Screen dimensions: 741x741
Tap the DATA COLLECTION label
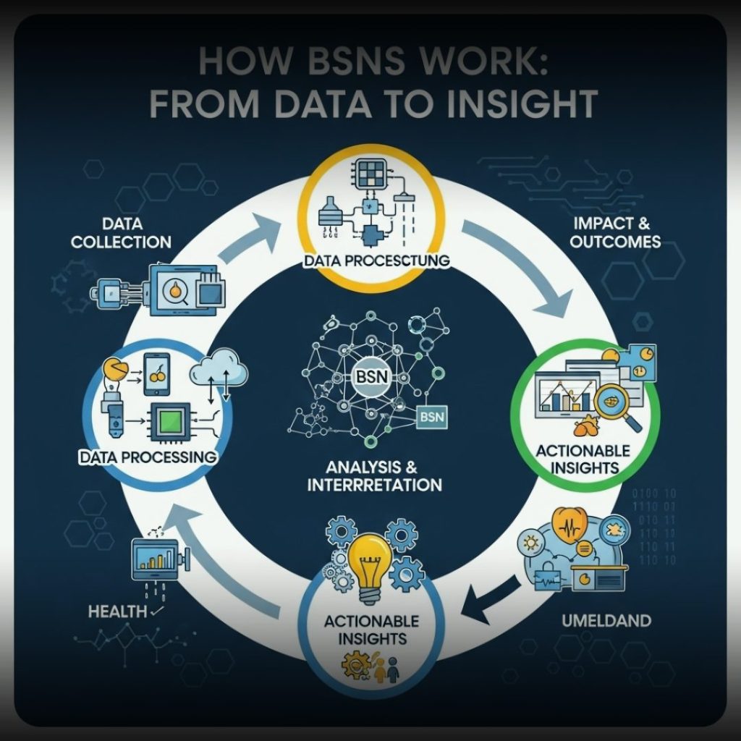(x=121, y=233)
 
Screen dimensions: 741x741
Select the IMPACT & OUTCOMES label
(x=615, y=233)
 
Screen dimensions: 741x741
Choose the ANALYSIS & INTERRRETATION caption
(x=370, y=475)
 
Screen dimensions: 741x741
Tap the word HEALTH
(x=118, y=611)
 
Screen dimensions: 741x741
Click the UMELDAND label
(x=606, y=620)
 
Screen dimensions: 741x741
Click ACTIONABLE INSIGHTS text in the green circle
(x=583, y=459)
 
